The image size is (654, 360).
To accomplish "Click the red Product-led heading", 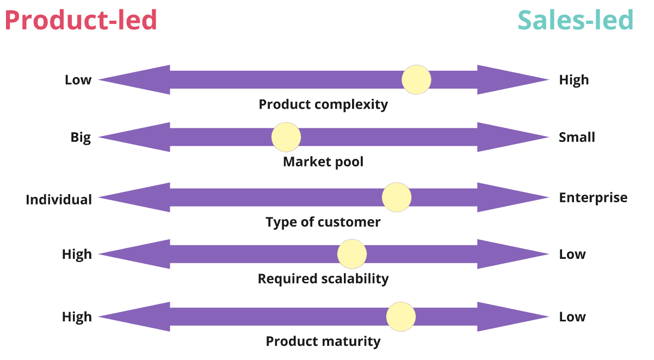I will [81, 21].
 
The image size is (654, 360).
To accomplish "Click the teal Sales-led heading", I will [576, 21].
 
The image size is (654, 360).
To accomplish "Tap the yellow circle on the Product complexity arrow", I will [417, 80].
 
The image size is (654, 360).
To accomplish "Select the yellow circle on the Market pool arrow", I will [286, 137].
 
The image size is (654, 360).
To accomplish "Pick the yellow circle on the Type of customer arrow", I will [397, 197].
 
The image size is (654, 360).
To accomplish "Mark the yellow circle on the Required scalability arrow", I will [352, 254].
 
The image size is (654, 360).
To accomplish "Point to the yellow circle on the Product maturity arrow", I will [401, 317].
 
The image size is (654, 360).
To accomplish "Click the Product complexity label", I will [323, 104].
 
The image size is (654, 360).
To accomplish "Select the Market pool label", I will [323, 162].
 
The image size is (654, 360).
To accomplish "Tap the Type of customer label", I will [323, 222].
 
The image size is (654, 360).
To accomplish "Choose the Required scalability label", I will [323, 279].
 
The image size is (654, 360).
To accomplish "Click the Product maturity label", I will [323, 342].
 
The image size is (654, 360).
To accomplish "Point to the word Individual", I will [59, 200].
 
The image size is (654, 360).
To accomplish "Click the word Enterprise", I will [593, 197].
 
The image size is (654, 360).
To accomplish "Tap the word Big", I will [81, 138].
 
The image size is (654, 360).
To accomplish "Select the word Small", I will [577, 138].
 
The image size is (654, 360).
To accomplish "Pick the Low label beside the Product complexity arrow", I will [78, 80].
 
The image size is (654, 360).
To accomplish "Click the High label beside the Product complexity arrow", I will [574, 80].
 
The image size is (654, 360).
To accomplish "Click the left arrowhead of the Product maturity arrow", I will [136, 317].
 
